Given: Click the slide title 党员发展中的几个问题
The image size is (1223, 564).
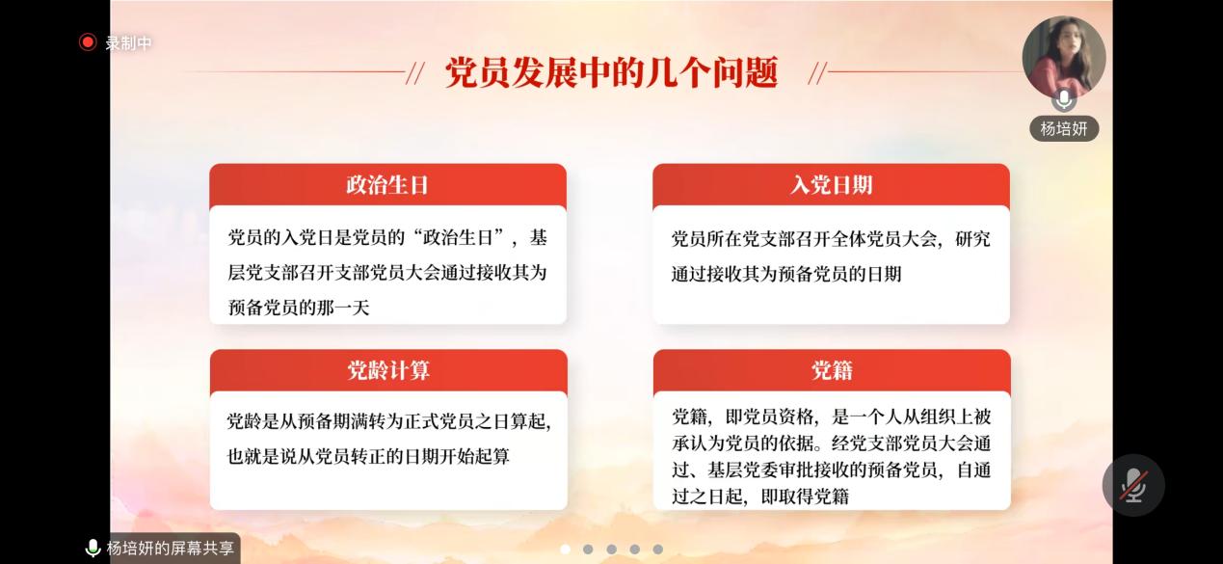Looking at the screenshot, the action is point(611,72).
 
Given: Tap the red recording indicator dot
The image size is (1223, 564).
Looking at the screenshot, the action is point(88,42).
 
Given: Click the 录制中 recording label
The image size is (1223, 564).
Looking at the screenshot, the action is point(128,43).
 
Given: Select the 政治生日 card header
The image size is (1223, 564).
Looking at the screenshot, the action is point(387,185).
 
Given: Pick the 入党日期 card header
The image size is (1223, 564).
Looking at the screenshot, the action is point(831,185).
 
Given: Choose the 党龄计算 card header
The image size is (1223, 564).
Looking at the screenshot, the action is point(388,371).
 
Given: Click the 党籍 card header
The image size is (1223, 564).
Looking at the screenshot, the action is point(832,371).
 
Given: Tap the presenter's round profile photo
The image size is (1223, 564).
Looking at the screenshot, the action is point(1064,57).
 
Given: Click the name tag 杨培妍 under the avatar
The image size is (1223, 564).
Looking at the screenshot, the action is point(1064,129).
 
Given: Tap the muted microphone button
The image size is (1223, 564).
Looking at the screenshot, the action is point(1133,485).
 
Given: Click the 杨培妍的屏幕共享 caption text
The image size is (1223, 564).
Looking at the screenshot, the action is point(171,549).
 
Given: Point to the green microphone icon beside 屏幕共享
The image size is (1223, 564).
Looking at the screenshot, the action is point(93,549).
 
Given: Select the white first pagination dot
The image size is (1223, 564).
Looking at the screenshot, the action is point(566,549).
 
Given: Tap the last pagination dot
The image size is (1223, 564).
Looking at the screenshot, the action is point(658,549).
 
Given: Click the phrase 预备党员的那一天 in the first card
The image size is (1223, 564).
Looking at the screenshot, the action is point(299,308).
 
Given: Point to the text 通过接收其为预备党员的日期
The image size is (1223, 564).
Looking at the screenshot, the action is point(786,274).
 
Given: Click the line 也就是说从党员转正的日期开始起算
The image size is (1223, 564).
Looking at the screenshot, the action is point(368,456).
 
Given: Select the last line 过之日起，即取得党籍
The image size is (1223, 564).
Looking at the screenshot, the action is point(760,497).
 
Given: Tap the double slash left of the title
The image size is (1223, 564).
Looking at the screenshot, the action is point(415,73).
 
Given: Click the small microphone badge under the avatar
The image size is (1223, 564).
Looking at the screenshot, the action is point(1064,99).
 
